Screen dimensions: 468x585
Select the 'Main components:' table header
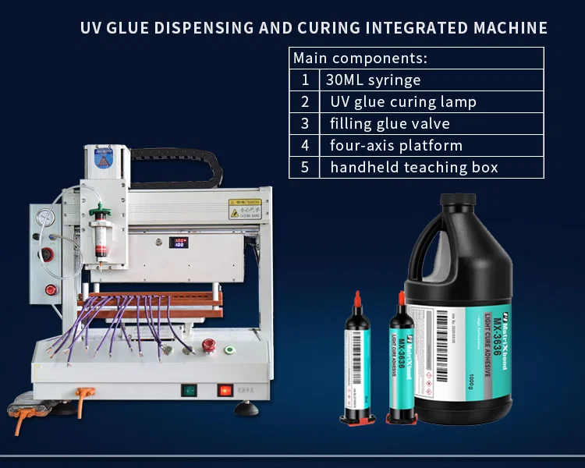click(x=360, y=58)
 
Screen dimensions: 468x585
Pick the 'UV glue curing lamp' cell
click(x=403, y=101)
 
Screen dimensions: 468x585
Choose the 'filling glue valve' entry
click(x=390, y=123)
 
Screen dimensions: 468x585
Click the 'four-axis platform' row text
click(x=396, y=145)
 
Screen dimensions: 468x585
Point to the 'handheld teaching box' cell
click(x=414, y=167)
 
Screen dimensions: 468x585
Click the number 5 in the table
click(x=305, y=167)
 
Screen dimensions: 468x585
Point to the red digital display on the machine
click(x=180, y=243)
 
